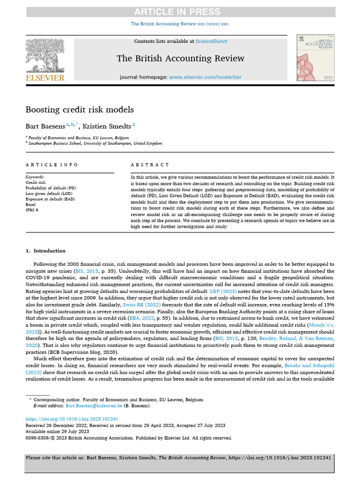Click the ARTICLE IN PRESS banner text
tap(180, 11)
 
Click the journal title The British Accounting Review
tap(180, 59)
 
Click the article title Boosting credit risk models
tap(80, 110)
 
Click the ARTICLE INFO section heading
tap(52, 165)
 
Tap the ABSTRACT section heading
tap(150, 165)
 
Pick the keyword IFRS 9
tap(33, 210)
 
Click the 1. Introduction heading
tap(46, 251)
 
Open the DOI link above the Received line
tap(71, 420)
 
